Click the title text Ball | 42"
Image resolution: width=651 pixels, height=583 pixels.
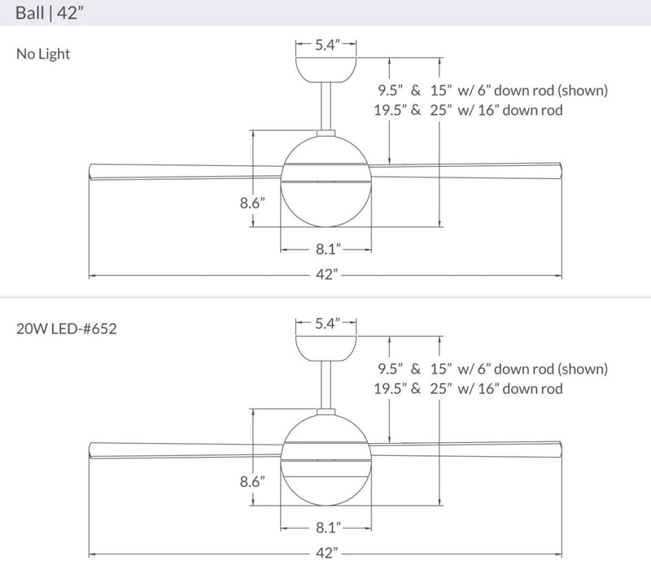[x=50, y=15]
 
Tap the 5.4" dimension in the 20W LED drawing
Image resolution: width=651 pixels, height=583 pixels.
[x=326, y=323]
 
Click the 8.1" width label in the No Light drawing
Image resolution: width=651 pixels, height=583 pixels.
[x=326, y=247]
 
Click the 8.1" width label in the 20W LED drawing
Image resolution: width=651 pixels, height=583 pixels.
[x=326, y=527]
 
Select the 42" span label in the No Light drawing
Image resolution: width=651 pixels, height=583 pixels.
[x=326, y=275]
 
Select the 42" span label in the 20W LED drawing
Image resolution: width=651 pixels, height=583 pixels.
[x=326, y=554]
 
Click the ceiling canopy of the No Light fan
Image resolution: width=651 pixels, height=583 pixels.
[x=326, y=69]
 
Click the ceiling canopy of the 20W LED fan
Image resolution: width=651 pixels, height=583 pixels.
[x=326, y=348]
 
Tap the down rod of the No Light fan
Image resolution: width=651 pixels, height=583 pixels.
[x=326, y=106]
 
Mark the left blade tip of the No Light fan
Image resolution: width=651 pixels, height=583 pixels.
[x=92, y=170]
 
